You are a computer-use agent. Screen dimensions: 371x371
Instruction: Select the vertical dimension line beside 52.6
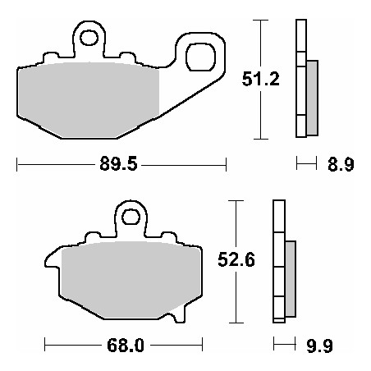(236, 295)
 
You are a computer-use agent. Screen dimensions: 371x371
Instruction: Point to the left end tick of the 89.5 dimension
(16, 165)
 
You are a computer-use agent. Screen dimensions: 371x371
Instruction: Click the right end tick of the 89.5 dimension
(225, 165)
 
